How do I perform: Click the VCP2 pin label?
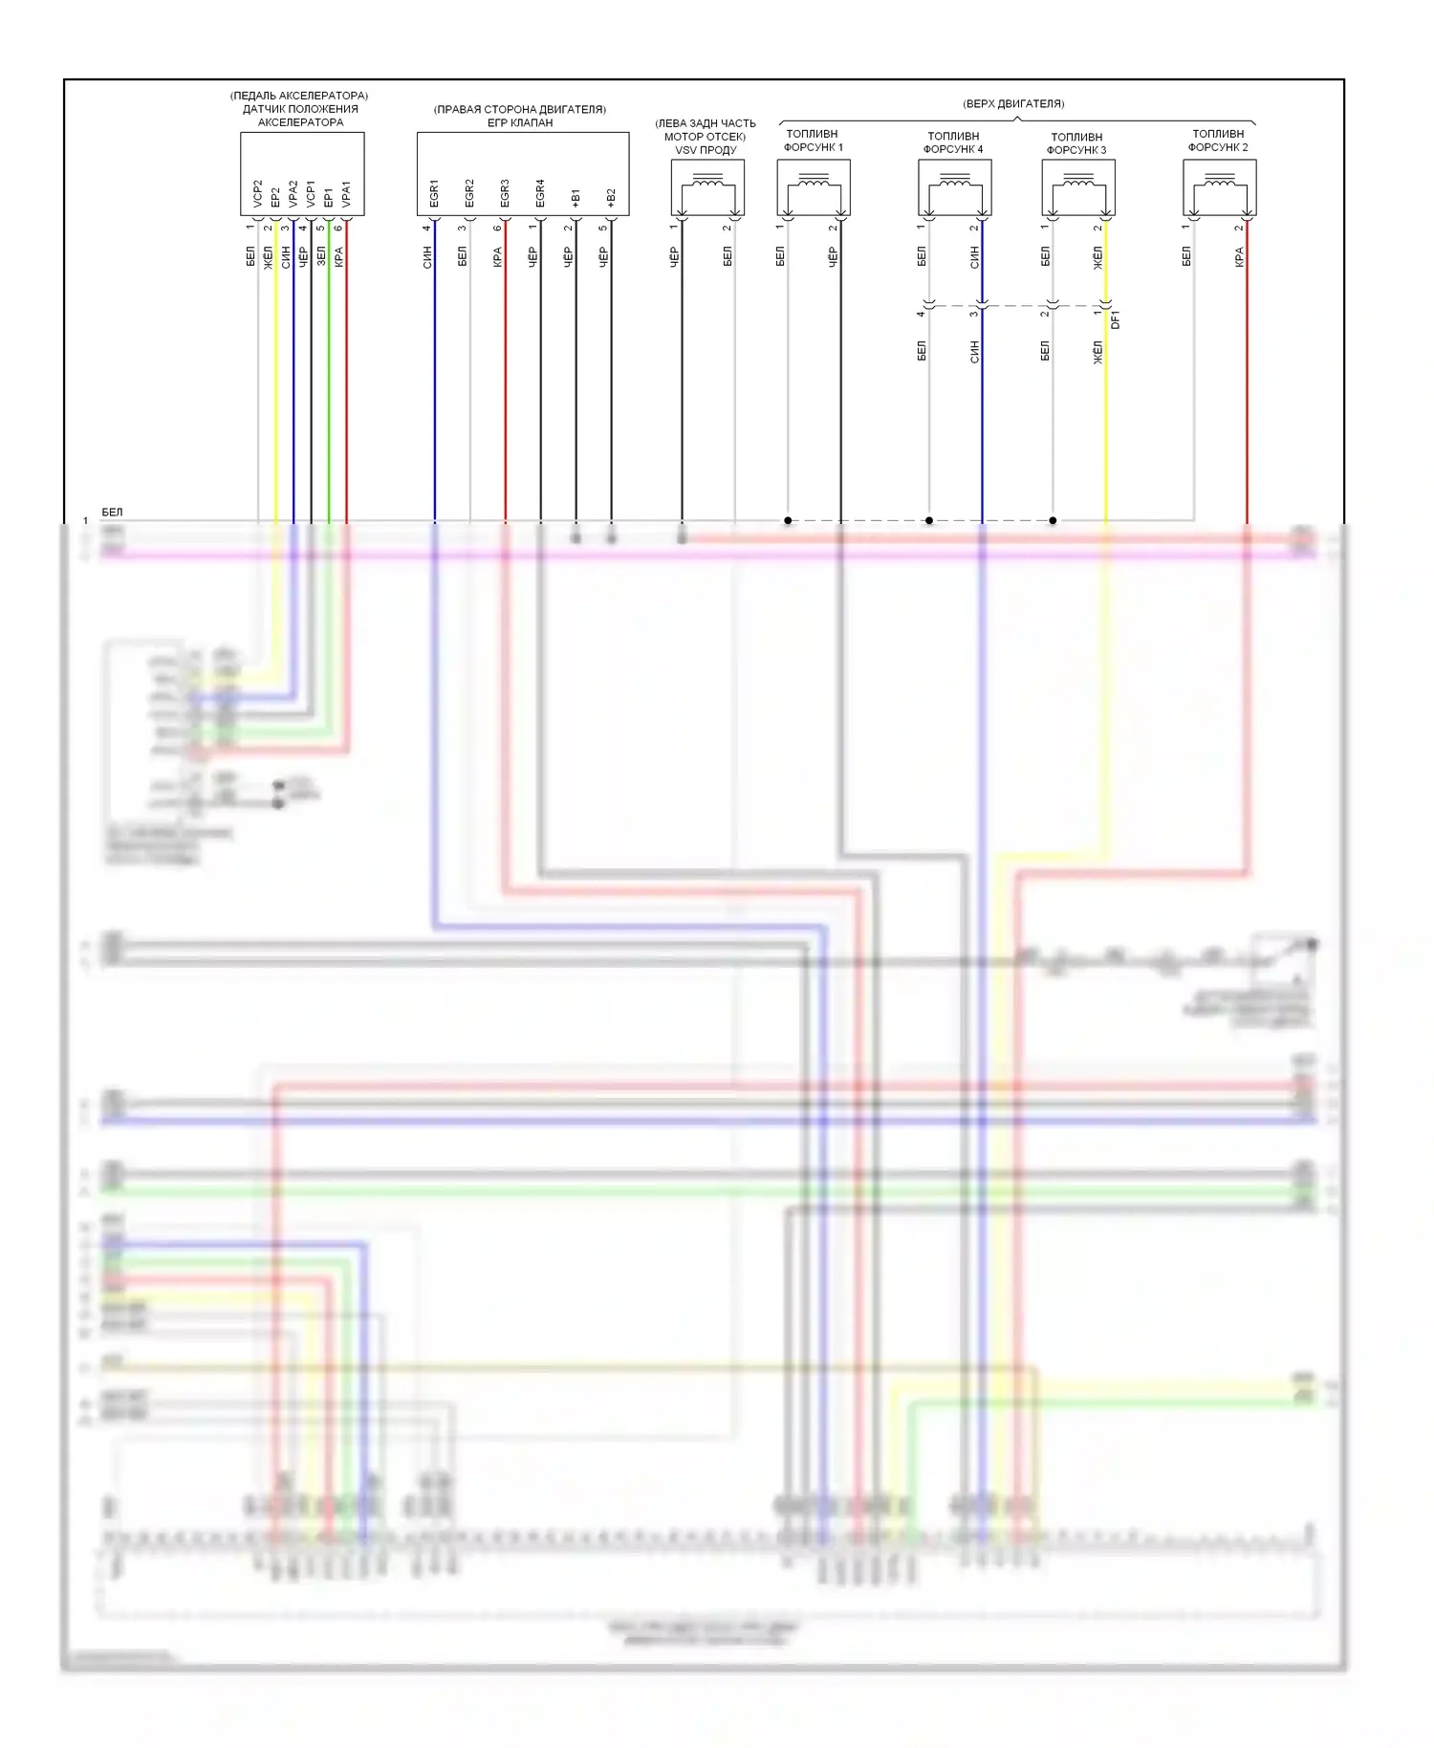257,193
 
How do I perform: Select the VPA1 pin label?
346,193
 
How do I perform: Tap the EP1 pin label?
329,196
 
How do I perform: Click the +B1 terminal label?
576,197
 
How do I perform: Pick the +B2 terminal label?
611,197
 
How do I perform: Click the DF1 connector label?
1116,319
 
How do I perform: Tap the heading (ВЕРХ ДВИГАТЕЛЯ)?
1013,103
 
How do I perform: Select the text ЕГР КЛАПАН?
520,122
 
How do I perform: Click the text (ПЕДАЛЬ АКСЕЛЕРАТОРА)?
299,96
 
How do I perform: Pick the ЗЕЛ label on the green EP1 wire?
321,256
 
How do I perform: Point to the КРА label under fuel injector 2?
1239,256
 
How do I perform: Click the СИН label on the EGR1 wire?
427,256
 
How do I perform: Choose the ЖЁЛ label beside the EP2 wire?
269,256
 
